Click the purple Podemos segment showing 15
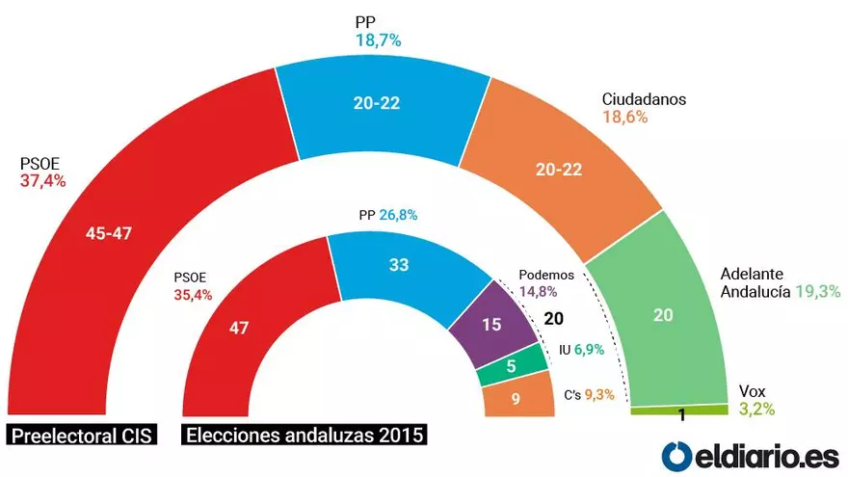(491, 325)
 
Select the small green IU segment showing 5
(512, 366)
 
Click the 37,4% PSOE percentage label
(42, 180)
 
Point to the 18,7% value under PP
(379, 40)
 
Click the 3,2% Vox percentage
(756, 409)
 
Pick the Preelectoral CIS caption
(83, 435)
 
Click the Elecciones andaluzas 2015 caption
(304, 435)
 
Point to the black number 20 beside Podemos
(553, 320)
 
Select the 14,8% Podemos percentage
(539, 290)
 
